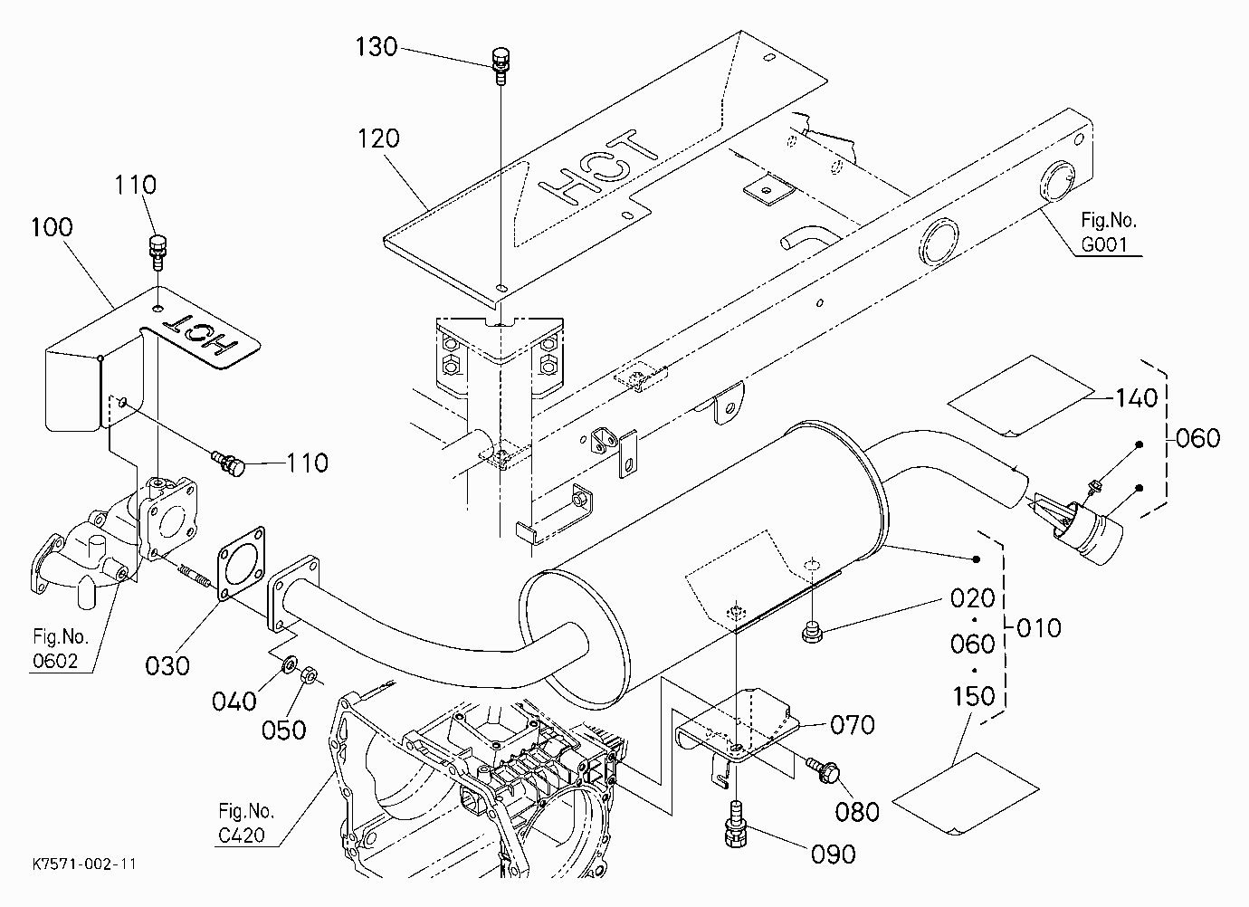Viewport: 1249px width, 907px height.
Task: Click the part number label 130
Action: click(377, 47)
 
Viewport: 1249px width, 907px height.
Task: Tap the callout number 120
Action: click(378, 138)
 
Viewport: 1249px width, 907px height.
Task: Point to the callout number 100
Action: click(52, 227)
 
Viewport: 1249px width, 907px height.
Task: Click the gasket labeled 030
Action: click(241, 563)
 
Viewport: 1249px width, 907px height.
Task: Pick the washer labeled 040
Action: click(290, 664)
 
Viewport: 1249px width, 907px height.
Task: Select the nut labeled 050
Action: click(309, 675)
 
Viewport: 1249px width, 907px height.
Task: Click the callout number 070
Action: click(853, 725)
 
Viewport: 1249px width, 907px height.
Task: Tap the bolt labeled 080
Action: click(821, 769)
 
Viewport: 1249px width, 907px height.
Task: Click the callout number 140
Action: click(1137, 398)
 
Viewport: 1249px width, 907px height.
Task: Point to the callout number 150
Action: click(974, 696)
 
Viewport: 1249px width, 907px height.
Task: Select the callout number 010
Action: click(1039, 628)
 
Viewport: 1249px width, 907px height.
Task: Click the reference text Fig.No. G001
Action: click(1109, 232)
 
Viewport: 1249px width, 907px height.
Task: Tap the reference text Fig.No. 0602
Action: click(61, 649)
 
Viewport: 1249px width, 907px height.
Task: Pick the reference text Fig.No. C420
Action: click(246, 823)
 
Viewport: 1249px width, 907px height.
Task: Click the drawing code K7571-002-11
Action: click(84, 864)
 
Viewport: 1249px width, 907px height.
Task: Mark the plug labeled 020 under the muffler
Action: click(812, 632)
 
